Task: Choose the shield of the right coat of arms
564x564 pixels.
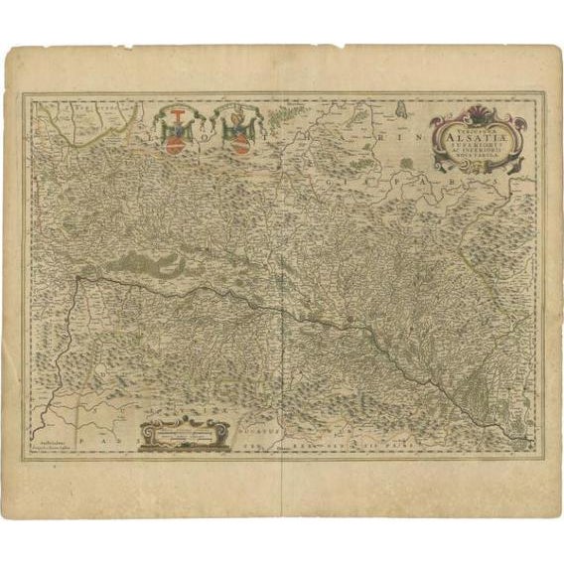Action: tap(238, 134)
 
